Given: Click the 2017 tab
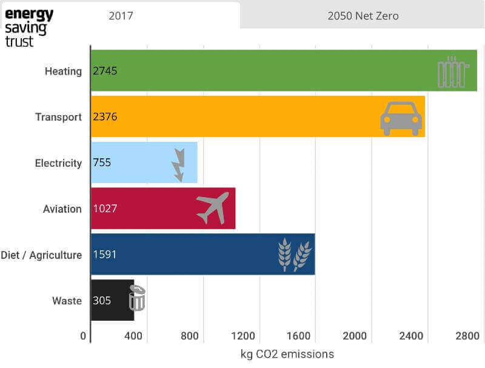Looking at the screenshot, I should [121, 16].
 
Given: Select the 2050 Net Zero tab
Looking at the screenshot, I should [363, 16].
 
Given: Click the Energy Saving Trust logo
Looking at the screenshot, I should [28, 27].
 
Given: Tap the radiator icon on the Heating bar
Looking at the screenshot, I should [452, 72].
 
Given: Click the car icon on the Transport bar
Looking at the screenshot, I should [401, 118].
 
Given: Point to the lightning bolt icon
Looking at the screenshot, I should [179, 164].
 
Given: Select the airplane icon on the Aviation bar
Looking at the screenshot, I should [213, 207].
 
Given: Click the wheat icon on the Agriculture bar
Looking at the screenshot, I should [295, 254].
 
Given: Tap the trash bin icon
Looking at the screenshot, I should [138, 298].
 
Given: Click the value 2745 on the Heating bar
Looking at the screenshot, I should [105, 71].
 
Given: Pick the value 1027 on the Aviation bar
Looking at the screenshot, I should [105, 209].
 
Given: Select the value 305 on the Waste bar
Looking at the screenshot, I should [102, 300].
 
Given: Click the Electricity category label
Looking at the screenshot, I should [58, 163].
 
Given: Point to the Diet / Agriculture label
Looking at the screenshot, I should [41, 255].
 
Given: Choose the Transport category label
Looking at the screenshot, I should [58, 117].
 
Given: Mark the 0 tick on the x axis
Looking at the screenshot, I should [84, 336].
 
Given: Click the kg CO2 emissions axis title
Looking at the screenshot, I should [287, 354].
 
